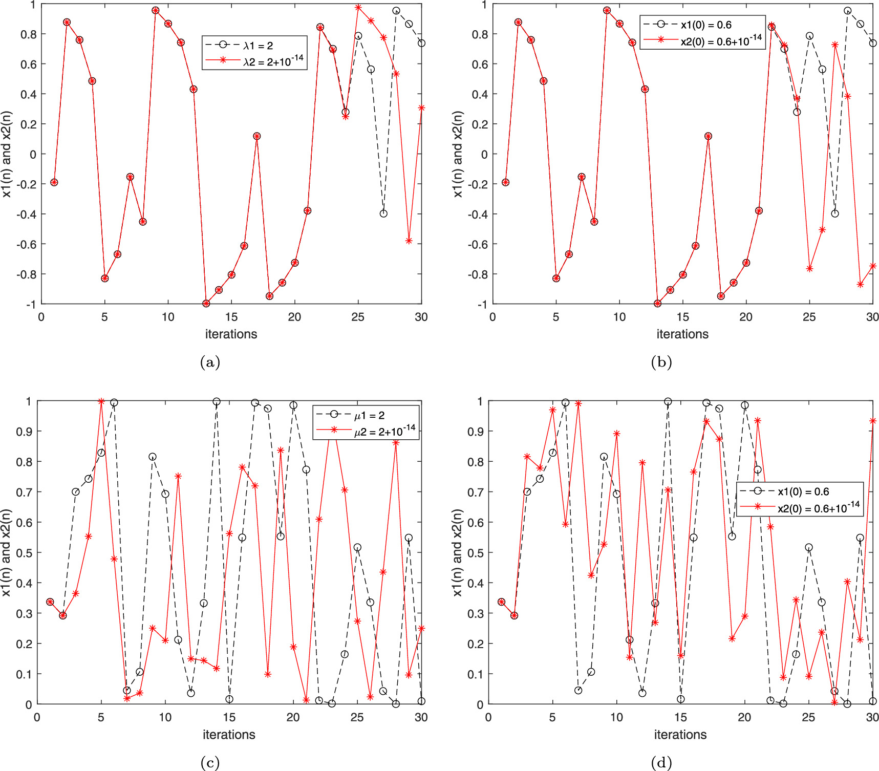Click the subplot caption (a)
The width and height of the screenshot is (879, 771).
click(210, 362)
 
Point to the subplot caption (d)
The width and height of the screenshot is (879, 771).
click(661, 763)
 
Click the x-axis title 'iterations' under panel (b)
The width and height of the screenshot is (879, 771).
click(682, 334)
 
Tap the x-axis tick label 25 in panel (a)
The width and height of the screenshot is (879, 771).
click(358, 317)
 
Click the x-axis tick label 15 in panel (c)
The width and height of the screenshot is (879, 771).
click(229, 717)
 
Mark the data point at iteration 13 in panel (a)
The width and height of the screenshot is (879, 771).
click(206, 304)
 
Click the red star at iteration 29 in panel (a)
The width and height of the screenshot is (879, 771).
click(409, 241)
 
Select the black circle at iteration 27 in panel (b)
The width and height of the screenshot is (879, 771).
click(835, 213)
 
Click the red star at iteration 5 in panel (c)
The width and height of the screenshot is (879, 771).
click(101, 401)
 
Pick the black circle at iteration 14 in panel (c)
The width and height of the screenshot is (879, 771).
click(217, 402)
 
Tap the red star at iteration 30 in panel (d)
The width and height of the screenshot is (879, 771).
click(873, 421)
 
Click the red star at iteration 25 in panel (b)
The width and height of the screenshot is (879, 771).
click(809, 269)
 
